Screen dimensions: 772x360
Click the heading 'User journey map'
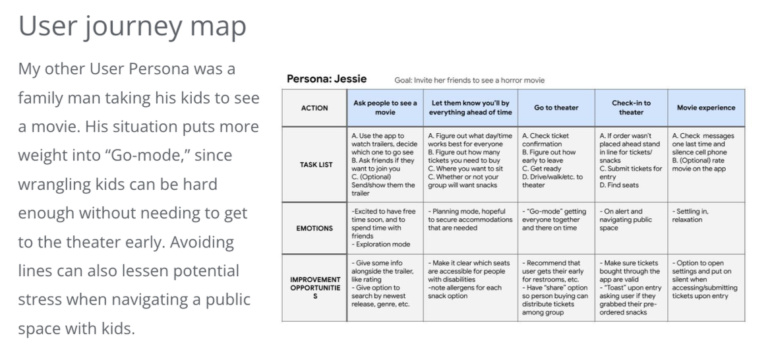132,26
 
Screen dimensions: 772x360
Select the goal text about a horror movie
469,80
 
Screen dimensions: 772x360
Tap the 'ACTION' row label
314,107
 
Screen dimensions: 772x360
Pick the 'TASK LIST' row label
314,165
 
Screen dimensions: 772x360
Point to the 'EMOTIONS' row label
314,229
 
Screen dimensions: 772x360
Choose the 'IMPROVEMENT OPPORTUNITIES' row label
314,288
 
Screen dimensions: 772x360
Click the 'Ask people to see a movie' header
385,107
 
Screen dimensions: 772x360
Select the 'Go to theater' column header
556,107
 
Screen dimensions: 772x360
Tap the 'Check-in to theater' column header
631,107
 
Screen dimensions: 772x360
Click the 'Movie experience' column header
705,107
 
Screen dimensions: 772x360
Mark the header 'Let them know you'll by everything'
470,107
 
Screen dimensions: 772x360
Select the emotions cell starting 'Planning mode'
469,220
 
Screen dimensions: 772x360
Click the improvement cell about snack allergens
469,280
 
